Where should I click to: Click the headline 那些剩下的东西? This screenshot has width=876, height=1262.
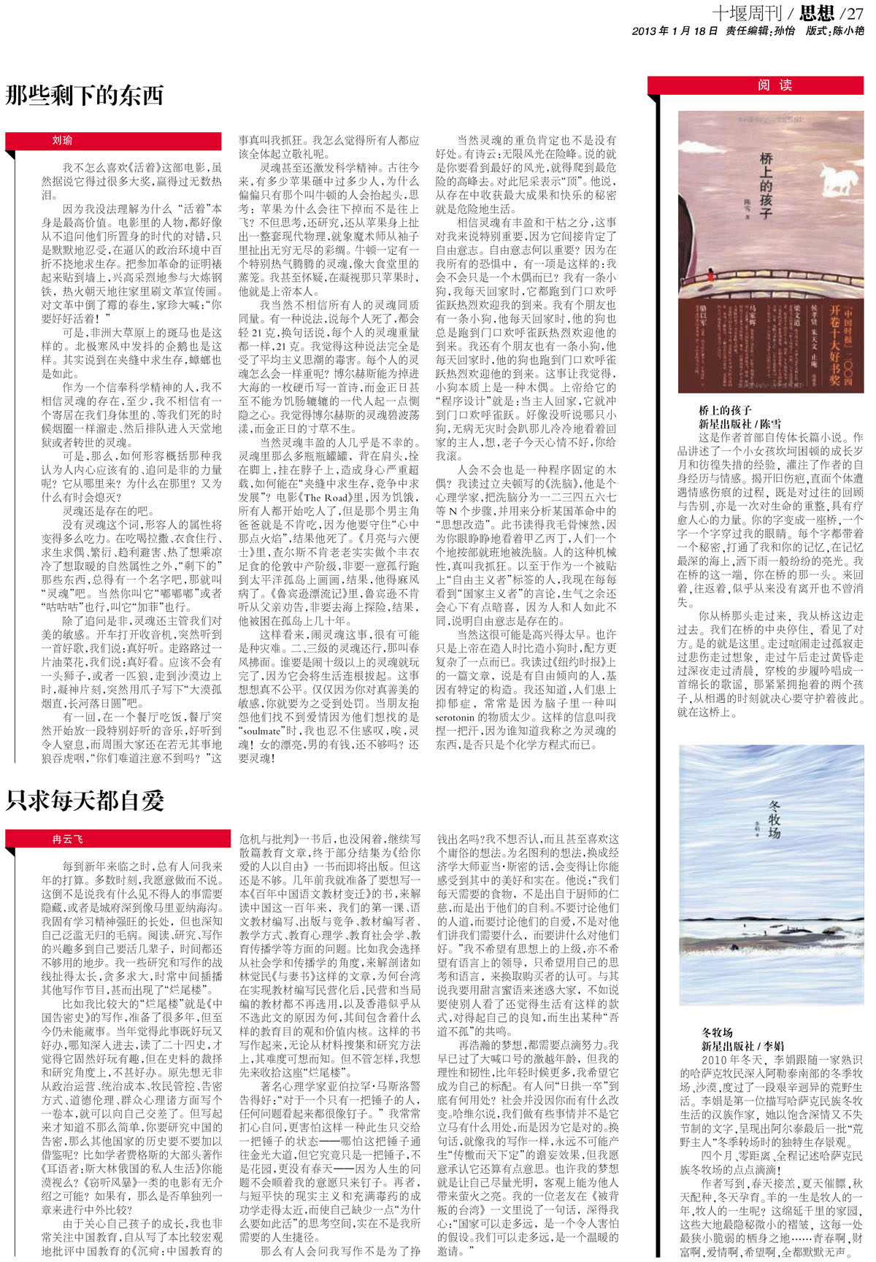coord(85,96)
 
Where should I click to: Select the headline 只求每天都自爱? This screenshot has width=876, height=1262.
coord(85,800)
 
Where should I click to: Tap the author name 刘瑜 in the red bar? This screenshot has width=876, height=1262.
coord(62,140)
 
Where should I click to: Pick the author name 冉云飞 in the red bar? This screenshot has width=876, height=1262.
coord(67,839)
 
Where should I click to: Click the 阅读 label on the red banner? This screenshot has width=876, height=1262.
coord(775,85)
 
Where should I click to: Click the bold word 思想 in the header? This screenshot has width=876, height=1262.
coord(816,12)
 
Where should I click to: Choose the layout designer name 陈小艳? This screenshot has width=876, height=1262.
coord(849,31)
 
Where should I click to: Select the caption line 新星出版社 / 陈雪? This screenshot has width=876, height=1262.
coord(739,423)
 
